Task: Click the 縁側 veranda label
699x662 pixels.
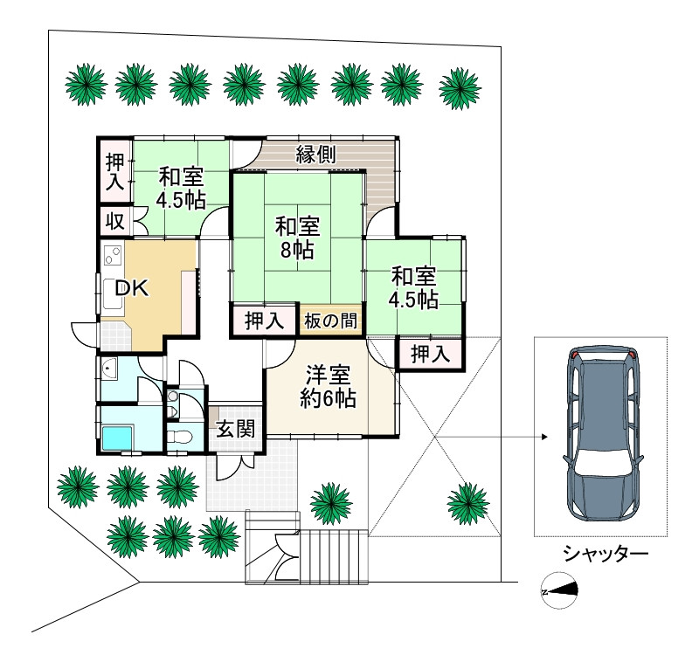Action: tap(315, 155)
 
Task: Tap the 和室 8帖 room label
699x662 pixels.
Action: tap(297, 238)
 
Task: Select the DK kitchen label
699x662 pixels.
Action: tap(132, 289)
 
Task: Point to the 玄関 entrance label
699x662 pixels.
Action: tap(236, 429)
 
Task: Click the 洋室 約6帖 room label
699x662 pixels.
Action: tap(329, 387)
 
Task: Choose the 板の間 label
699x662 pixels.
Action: tap(330, 321)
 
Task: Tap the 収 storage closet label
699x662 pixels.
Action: tap(114, 220)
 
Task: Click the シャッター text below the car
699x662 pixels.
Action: tap(605, 554)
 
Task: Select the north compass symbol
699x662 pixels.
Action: tap(559, 590)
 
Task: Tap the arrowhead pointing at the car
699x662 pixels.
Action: tap(544, 437)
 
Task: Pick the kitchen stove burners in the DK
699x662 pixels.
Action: tap(113, 255)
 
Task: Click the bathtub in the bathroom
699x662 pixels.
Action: tap(118, 438)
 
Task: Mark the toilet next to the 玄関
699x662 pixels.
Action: tap(181, 437)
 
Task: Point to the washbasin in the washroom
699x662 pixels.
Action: tap(108, 368)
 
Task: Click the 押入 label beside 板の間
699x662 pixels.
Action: tap(264, 321)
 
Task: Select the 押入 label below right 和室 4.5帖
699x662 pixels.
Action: tap(430, 355)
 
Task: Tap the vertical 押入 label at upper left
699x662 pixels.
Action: tap(114, 172)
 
